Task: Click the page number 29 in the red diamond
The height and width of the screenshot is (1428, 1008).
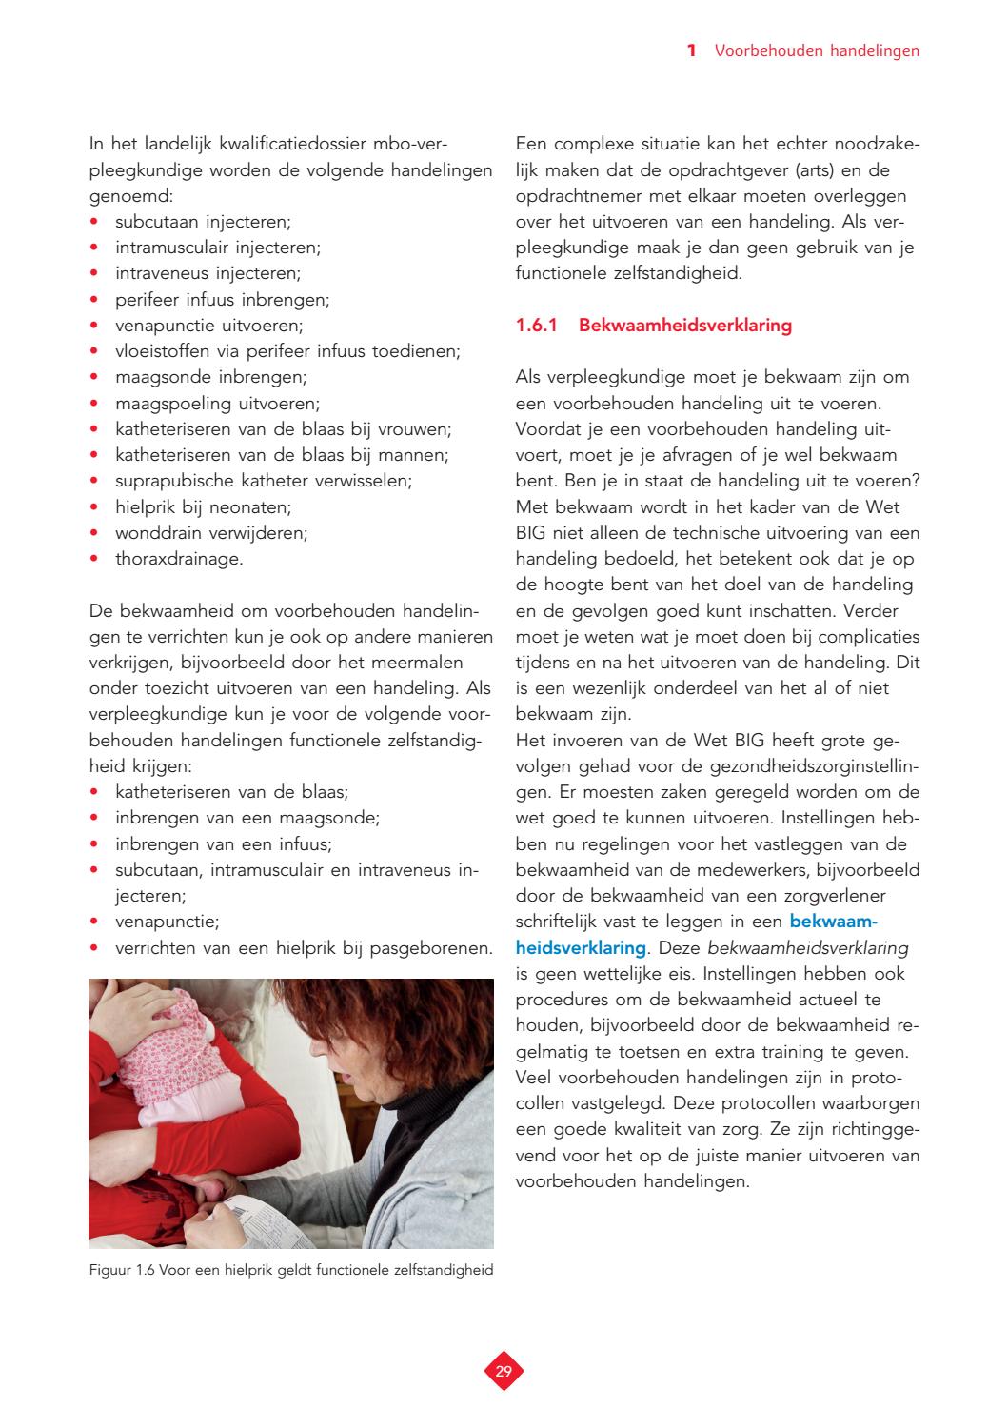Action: click(x=504, y=1372)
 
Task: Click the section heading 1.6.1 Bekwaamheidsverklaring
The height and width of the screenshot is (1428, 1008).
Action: click(x=653, y=326)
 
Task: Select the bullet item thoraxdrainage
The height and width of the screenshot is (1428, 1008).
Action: click(x=179, y=559)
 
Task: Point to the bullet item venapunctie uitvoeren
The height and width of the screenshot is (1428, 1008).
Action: click(x=208, y=326)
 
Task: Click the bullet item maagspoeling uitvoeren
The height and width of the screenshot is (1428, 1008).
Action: click(x=217, y=403)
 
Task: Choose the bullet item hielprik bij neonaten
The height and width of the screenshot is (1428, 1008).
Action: click(x=203, y=506)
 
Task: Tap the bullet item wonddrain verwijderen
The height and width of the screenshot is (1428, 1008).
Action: click(x=211, y=532)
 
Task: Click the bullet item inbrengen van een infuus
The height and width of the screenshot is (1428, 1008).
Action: click(x=223, y=843)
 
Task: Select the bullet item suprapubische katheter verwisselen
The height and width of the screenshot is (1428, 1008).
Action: click(x=264, y=481)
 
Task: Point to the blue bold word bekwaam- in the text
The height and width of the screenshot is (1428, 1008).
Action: click(x=833, y=922)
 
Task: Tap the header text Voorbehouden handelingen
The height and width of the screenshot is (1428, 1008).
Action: click(x=817, y=50)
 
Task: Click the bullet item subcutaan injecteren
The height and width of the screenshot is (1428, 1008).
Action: click(x=203, y=222)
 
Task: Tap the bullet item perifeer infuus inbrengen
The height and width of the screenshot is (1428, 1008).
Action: click(x=222, y=300)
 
